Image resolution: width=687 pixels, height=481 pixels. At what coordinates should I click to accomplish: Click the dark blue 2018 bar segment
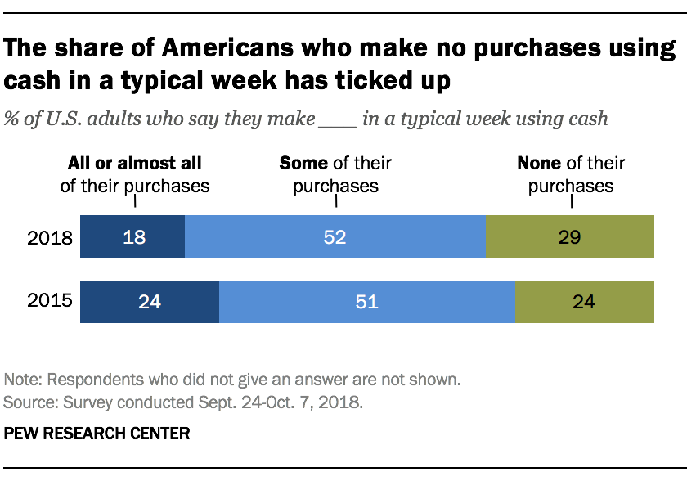point(132,237)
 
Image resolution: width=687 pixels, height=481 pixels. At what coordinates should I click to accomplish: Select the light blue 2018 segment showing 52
point(335,237)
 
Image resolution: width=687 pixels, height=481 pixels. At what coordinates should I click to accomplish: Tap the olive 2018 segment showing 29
point(570,237)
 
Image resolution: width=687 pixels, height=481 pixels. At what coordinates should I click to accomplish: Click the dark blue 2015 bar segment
point(149,302)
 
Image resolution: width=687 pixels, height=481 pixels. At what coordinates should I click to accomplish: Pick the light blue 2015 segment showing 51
point(366,302)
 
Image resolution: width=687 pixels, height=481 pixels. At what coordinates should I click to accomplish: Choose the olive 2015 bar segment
point(585,302)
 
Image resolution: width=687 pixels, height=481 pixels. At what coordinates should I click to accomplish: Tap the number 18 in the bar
point(133,237)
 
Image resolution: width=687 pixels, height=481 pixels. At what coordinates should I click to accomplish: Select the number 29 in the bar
point(570,237)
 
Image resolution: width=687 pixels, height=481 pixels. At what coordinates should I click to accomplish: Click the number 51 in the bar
point(366,302)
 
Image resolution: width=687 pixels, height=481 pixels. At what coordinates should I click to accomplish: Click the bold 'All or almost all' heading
point(135,164)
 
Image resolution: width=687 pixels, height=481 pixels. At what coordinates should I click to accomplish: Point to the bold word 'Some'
point(303,164)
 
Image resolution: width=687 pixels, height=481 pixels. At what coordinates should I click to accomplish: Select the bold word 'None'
point(539,164)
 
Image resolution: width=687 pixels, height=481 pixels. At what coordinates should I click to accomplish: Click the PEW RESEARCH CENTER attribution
point(97,434)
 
